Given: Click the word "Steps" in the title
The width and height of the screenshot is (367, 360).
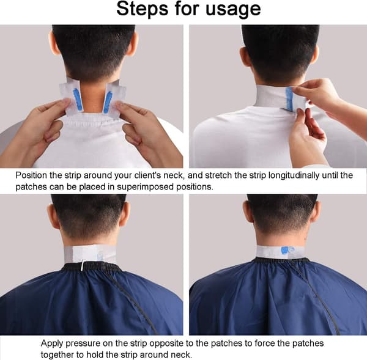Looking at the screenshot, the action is [x=143, y=9].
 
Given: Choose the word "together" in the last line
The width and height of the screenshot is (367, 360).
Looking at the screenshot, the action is [x=57, y=354].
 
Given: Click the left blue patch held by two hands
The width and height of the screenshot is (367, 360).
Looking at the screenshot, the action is [x=78, y=99].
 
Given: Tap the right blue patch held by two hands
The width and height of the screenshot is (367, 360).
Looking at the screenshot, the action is [x=108, y=103].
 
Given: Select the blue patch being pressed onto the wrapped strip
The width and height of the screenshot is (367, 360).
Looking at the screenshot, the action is [x=289, y=98].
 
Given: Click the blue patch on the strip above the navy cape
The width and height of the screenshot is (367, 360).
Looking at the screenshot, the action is [x=284, y=251].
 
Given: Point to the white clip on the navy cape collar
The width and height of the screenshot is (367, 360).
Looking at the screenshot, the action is [x=83, y=265].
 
